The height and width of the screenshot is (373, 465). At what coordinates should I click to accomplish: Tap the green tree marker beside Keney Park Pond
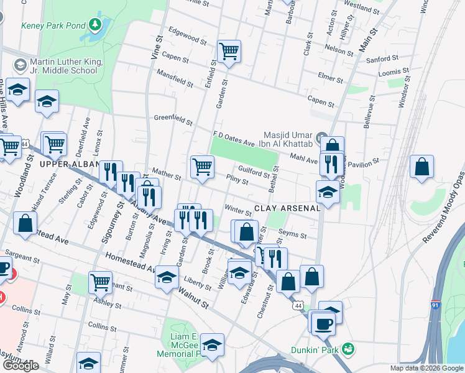pos(94,25)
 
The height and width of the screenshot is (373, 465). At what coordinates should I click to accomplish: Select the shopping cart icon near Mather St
pos(202,167)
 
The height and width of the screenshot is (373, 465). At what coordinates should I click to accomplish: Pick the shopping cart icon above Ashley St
pos(99,282)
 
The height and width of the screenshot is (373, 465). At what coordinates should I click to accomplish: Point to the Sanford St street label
pos(382,58)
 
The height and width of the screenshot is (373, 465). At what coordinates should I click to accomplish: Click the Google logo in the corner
pos(21,366)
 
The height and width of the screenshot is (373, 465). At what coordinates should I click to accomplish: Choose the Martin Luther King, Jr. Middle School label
pos(62,67)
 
